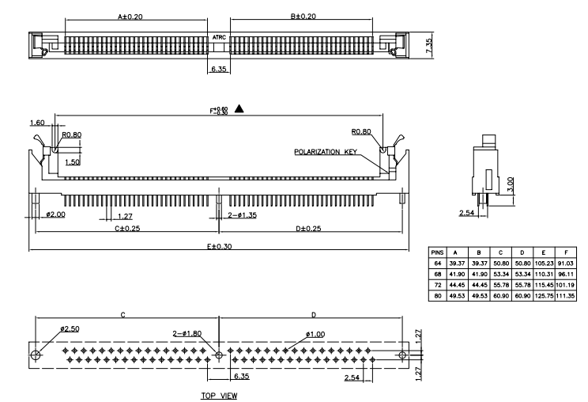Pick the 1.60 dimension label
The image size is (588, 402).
(x=37, y=123)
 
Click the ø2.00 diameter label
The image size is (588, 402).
(x=56, y=215)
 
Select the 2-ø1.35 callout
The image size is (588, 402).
(x=242, y=215)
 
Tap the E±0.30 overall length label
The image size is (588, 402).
(x=218, y=245)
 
